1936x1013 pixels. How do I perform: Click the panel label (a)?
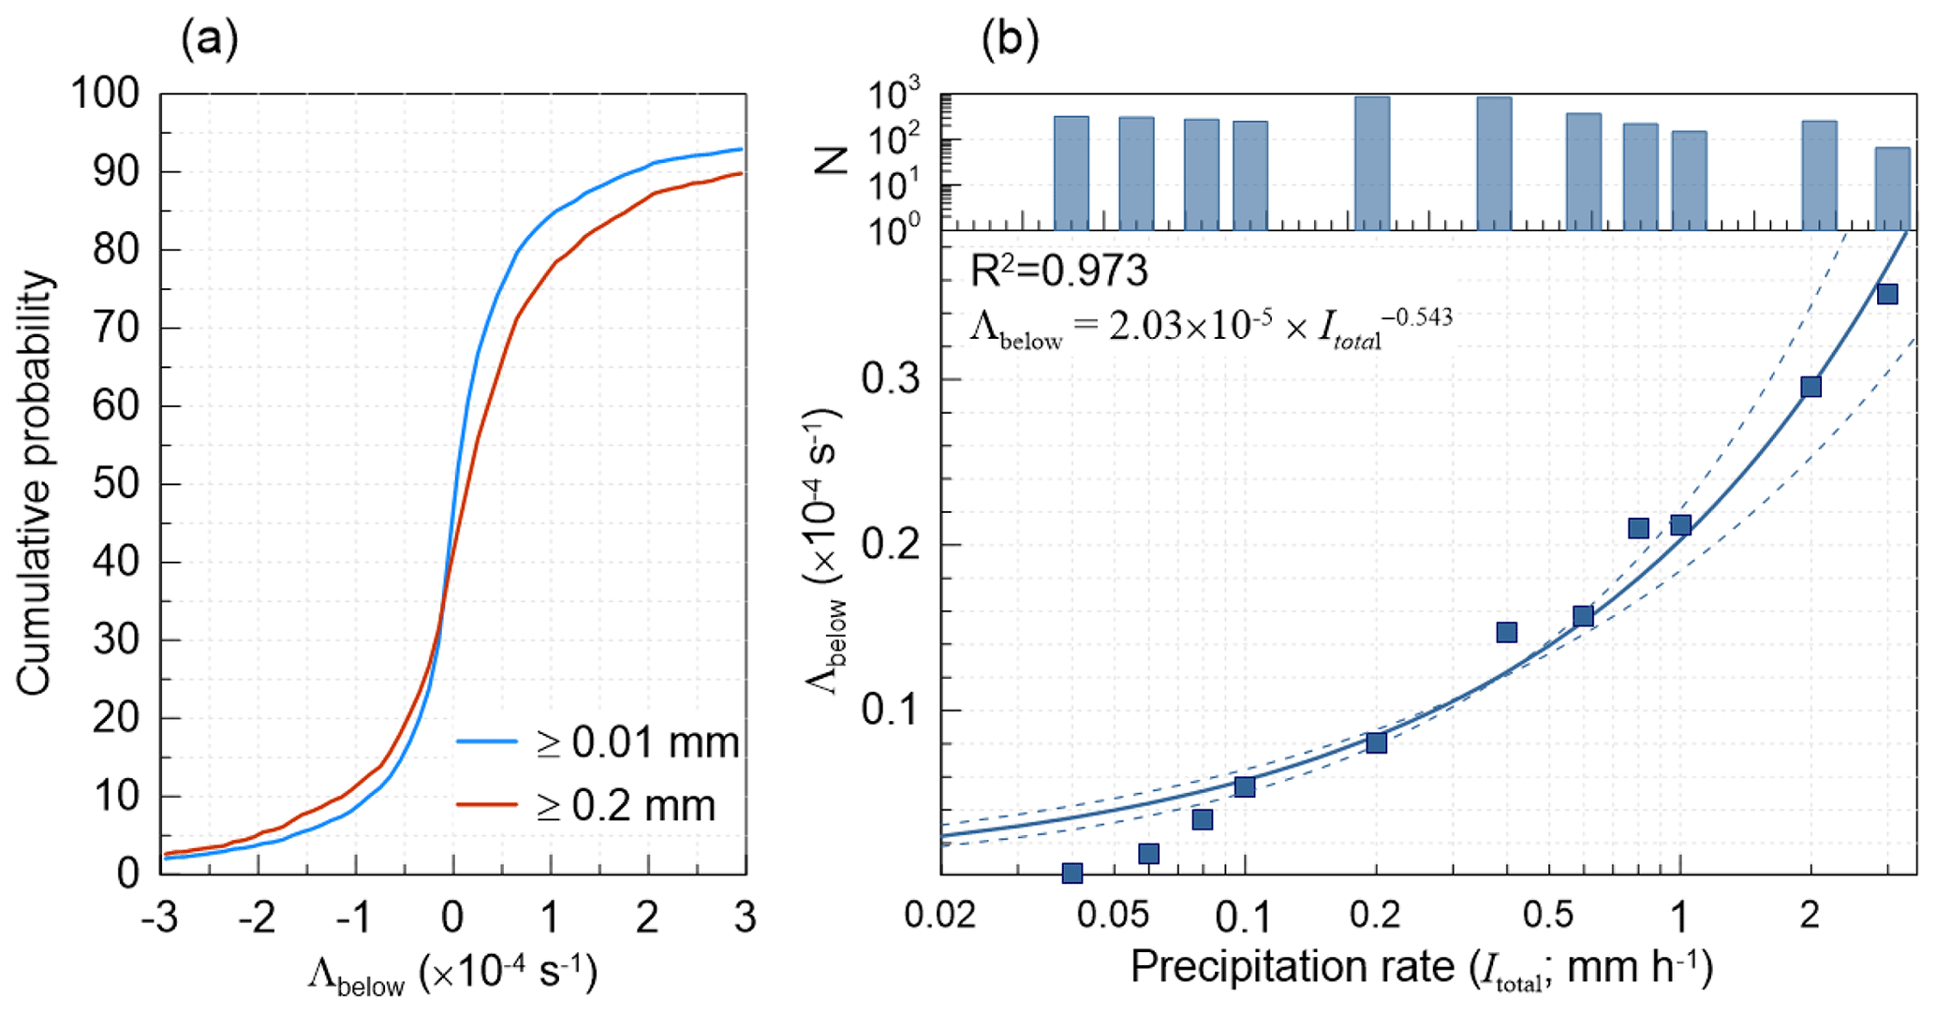click(x=209, y=40)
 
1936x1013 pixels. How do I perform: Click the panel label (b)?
click(x=1009, y=40)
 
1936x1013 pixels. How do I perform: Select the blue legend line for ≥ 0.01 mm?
click(x=487, y=741)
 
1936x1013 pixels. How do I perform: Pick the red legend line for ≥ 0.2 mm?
click(x=487, y=804)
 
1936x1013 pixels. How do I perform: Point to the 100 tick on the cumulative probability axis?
click(x=105, y=94)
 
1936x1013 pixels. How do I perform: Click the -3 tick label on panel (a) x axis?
click(x=159, y=918)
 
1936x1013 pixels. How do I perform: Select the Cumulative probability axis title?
click(x=35, y=483)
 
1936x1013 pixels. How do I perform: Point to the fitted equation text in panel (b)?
click(x=1210, y=327)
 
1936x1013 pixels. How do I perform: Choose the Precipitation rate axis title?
click(x=1421, y=968)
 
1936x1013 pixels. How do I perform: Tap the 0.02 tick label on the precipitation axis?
click(x=940, y=915)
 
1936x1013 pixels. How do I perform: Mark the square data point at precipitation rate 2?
click(x=1810, y=387)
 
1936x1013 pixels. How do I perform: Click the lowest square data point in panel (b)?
click(x=1072, y=873)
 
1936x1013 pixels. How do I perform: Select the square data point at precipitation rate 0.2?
click(x=1376, y=742)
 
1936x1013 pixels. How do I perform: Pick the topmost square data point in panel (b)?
click(x=1887, y=294)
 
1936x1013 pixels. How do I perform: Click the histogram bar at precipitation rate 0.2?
click(x=1372, y=163)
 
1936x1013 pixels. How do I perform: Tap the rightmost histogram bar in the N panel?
click(x=1892, y=188)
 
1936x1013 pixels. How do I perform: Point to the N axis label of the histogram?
click(x=832, y=161)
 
